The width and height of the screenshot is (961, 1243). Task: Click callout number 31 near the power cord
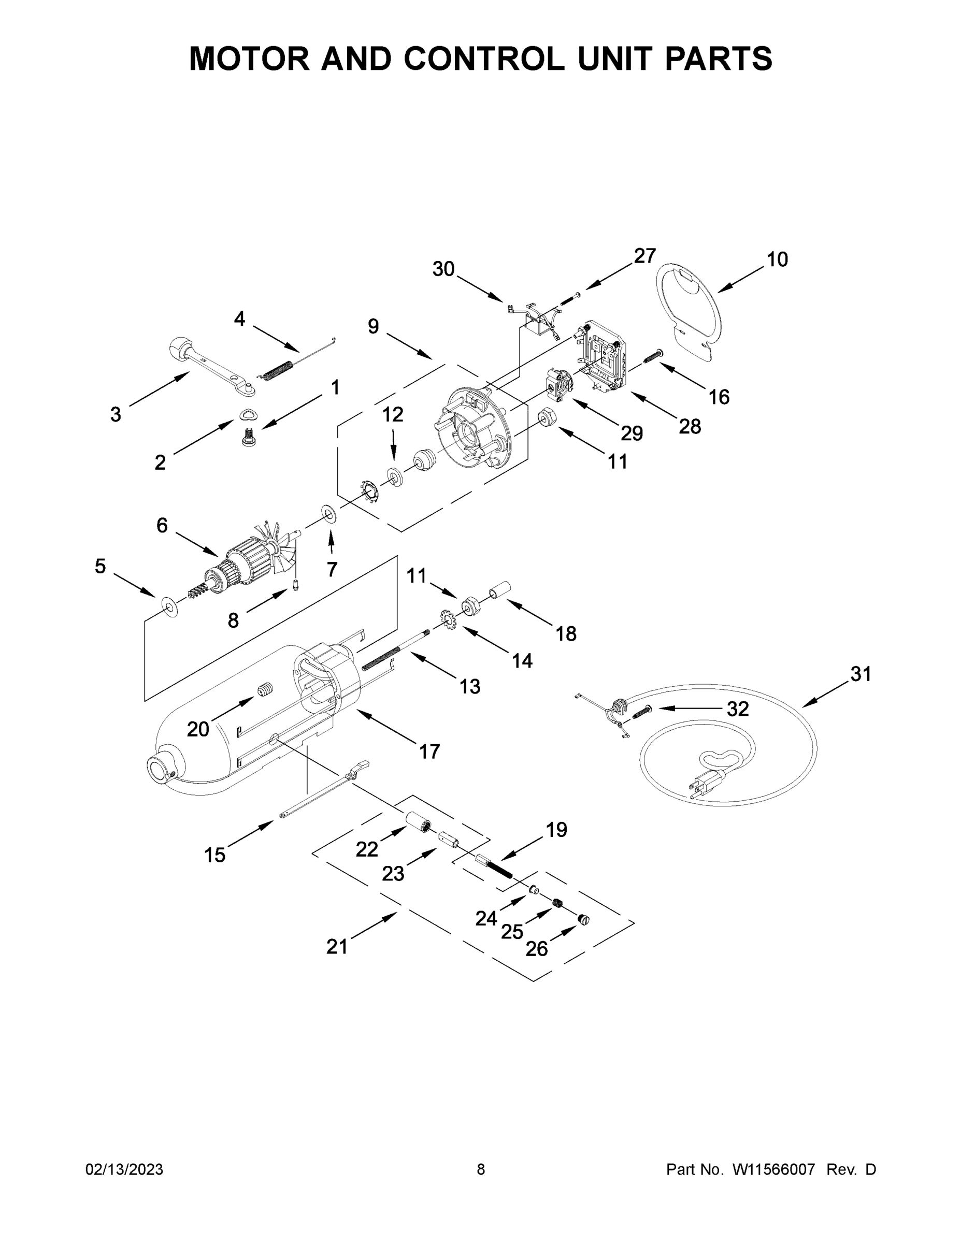point(861,674)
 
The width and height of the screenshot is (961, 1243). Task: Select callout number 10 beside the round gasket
point(777,259)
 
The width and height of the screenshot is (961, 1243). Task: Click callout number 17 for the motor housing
point(429,751)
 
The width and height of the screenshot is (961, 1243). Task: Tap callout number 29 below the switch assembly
point(632,433)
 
